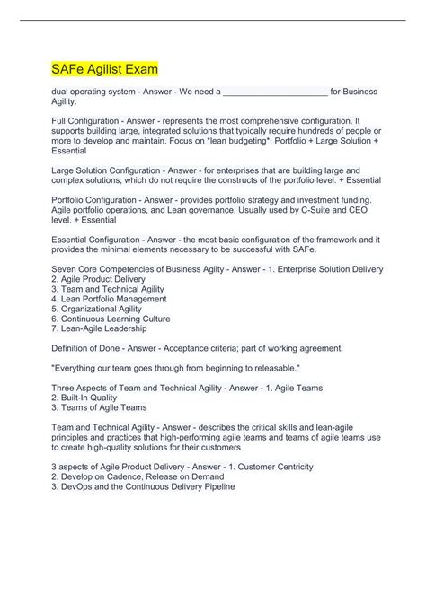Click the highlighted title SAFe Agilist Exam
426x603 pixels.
click(104, 68)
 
